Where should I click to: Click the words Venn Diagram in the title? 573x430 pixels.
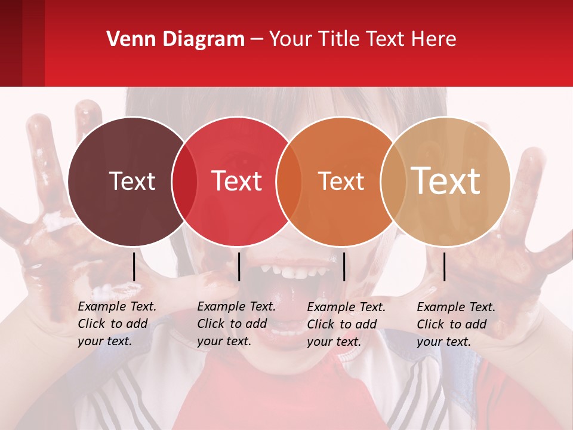175,39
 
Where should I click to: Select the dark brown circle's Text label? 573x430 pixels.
132,181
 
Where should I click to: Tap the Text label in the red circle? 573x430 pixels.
237,181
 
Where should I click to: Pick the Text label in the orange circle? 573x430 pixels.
341,181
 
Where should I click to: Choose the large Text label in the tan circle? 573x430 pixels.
446,180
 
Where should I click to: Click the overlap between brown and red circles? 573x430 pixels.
184,182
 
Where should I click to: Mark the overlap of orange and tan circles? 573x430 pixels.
391,182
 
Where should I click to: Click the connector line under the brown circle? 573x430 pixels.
134,266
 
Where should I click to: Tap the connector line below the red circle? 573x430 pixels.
239,266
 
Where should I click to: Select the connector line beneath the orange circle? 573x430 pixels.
344,266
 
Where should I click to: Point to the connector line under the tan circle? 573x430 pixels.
444,266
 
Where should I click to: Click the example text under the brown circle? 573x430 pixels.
117,324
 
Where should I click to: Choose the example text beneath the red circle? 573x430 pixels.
236,324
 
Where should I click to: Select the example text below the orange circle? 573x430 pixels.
346,324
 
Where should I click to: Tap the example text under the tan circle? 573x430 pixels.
456,324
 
